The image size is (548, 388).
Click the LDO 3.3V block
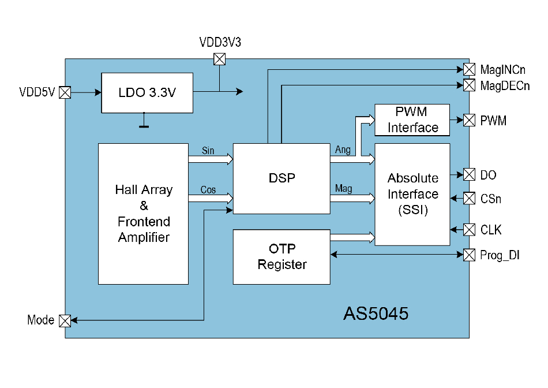tap(147, 93)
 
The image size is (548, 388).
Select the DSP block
tap(281, 178)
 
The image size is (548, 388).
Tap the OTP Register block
tap(281, 257)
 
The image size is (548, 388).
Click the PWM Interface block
tap(412, 120)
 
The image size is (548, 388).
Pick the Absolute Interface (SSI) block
tap(412, 195)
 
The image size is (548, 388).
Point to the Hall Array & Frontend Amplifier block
tap(143, 214)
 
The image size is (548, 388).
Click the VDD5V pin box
tap(65, 92)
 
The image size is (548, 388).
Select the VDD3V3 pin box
tap(219, 59)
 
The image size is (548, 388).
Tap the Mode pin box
tap(65, 320)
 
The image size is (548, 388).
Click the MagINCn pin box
tap(469, 70)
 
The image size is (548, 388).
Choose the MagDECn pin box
tap(469, 85)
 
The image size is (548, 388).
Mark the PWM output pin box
tap(469, 120)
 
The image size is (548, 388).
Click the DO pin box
tap(469, 174)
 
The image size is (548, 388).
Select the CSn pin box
tap(469, 199)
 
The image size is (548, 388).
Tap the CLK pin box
tap(469, 230)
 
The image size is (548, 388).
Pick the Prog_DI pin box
tap(469, 254)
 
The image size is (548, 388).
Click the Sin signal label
tap(208, 151)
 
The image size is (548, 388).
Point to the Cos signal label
tap(208, 190)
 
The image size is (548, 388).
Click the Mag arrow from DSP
tap(352, 198)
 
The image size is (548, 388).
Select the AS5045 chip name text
tap(376, 314)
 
